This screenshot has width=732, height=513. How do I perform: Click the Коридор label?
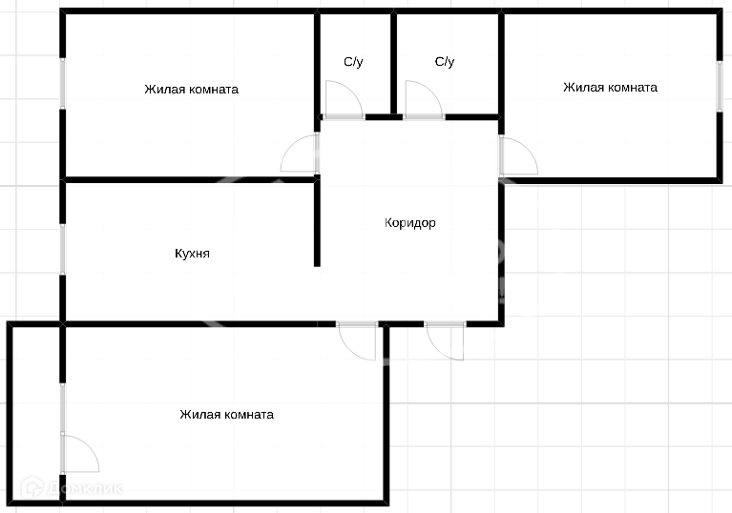point(409,223)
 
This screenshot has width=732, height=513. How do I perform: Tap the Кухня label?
point(192,254)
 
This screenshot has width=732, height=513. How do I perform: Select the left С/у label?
point(353,62)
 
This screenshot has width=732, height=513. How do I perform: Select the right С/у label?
point(445,62)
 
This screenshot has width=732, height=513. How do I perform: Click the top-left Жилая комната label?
point(191,90)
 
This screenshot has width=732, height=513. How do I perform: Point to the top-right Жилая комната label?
point(610,88)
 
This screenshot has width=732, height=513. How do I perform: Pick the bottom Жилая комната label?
point(226,415)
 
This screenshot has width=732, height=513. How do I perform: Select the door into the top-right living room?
point(516,156)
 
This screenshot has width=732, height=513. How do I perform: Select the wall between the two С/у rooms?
point(393,63)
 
